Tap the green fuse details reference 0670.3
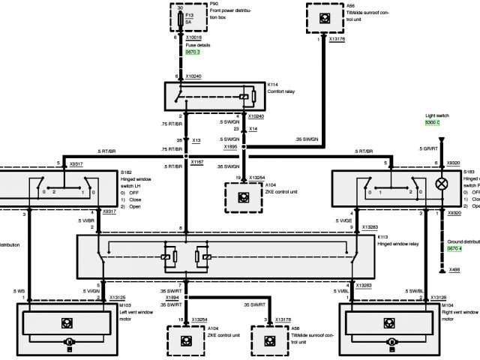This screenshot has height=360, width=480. (x=193, y=52)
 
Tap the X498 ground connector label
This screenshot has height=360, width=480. (x=455, y=270)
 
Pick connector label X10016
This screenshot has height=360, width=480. (x=193, y=36)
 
